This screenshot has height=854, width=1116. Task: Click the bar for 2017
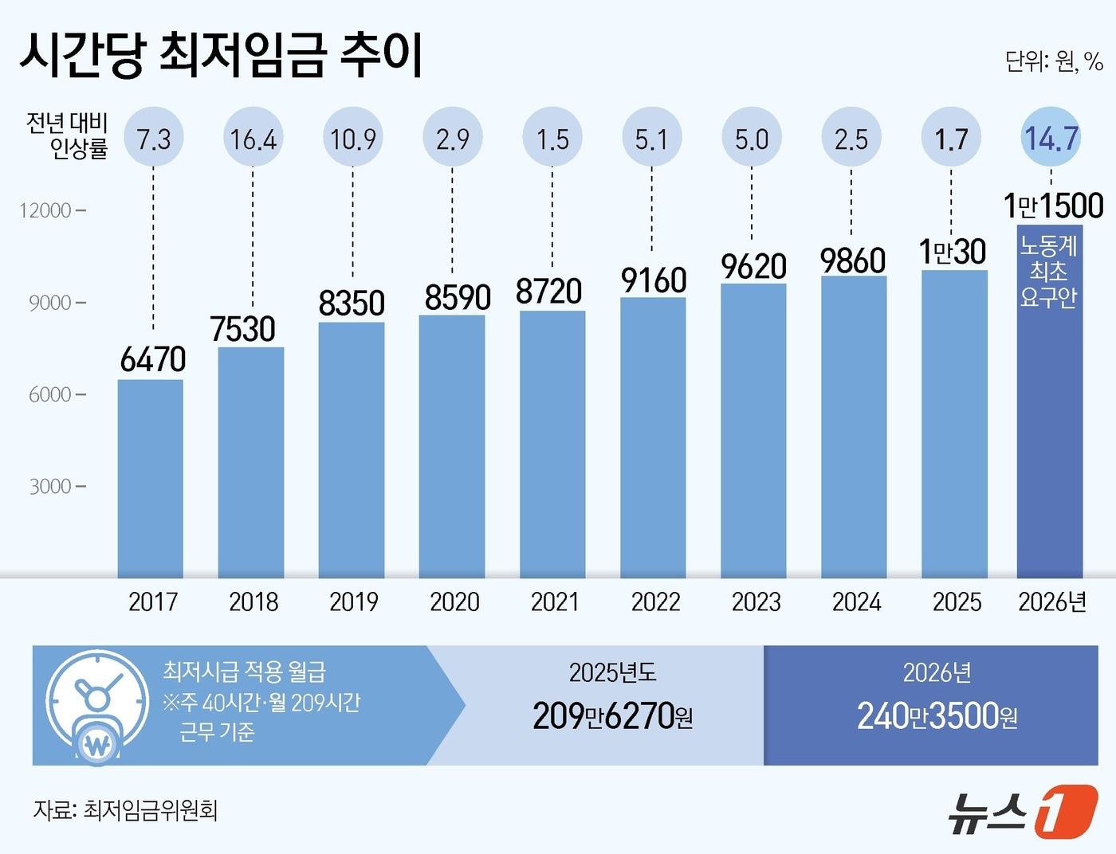pos(151,478)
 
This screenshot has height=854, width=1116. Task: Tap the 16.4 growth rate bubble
pos(253,139)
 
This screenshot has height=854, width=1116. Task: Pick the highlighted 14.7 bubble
pos(1051,139)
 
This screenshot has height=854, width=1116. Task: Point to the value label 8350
pos(352,304)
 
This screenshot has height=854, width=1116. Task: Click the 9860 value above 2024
pos(853,261)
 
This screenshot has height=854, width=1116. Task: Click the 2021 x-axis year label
pos(555,601)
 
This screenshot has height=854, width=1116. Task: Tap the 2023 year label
pos(756,601)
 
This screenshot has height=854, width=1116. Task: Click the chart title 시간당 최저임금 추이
pos(221,56)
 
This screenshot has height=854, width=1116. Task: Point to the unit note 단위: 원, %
pos(1054,61)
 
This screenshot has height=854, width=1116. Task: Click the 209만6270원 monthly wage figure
pos(611,716)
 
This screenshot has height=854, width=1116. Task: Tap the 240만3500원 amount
pos(937,716)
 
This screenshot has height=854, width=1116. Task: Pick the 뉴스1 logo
pos(1023,812)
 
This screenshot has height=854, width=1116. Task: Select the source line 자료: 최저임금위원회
pos(125,810)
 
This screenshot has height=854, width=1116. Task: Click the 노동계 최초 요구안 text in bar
pos(1049,271)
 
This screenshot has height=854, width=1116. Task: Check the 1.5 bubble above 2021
pos(552,139)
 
